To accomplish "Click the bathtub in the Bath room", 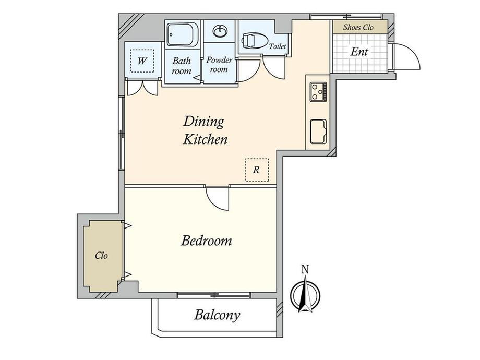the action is click(182, 34).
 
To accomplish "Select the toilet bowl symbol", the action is click(254, 41).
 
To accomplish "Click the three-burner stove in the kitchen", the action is click(318, 92).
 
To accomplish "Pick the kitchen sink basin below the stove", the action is click(318, 131).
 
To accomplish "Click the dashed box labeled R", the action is click(257, 170).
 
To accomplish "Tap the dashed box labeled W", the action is click(142, 61).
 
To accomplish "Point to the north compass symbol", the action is click(305, 294).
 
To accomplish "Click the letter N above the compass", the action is click(305, 269).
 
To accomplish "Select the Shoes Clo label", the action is click(358, 27).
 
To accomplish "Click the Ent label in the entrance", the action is click(359, 52).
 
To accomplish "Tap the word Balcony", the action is click(217, 315).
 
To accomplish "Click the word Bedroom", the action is click(206, 241).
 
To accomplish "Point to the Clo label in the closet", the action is click(101, 255).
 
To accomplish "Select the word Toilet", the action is click(278, 46).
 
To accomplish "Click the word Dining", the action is click(203, 122).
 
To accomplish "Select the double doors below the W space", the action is click(142, 88).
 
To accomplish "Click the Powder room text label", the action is click(219, 64).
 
